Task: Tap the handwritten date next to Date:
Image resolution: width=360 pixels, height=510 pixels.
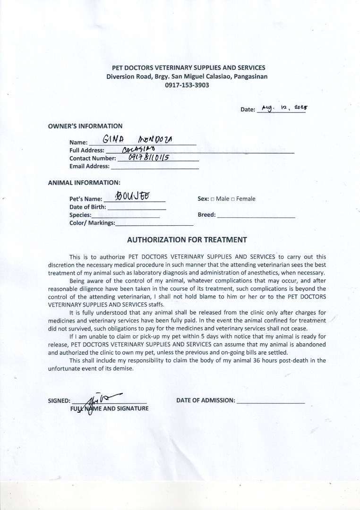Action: pos(282,108)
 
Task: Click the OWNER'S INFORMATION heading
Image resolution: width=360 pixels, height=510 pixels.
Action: pos(85,126)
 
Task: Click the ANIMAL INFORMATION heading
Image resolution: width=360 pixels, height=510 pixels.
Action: pos(84,182)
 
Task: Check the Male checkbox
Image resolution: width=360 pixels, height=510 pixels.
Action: pos(213,199)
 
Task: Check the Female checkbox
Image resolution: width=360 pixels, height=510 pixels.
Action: pos(233,199)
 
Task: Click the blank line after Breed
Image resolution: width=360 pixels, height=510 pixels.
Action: pos(256,215)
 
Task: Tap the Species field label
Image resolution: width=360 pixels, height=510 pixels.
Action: pos(80,215)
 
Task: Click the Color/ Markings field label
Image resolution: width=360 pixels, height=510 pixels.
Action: pos(92,223)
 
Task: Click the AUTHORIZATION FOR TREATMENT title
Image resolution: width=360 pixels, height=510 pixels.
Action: pos(187,239)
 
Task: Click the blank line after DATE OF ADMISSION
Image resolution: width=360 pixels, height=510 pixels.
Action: pos(270,401)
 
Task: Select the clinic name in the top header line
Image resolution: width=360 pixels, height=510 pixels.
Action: pos(185,68)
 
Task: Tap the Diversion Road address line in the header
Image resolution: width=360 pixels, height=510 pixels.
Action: pos(186,76)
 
